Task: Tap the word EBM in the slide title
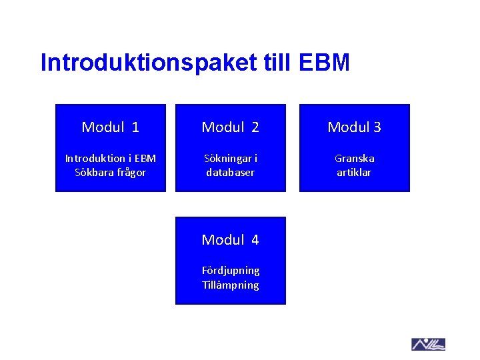coord(325,63)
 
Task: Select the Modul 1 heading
coord(110,127)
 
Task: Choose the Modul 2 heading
coord(230,127)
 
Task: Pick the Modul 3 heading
coord(354,127)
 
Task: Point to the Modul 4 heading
coord(230,239)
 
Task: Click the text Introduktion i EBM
coord(110,159)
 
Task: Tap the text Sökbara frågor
coord(110,173)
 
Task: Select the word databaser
coord(230,173)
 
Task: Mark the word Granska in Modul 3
coord(354,159)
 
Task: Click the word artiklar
coord(354,173)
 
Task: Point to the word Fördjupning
coord(231,271)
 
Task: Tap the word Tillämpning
coord(231,285)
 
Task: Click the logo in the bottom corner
coord(428,344)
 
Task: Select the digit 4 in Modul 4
coord(255,239)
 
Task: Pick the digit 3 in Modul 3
coord(377,127)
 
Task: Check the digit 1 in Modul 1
coord(135,127)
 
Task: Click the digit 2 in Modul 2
coord(255,127)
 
